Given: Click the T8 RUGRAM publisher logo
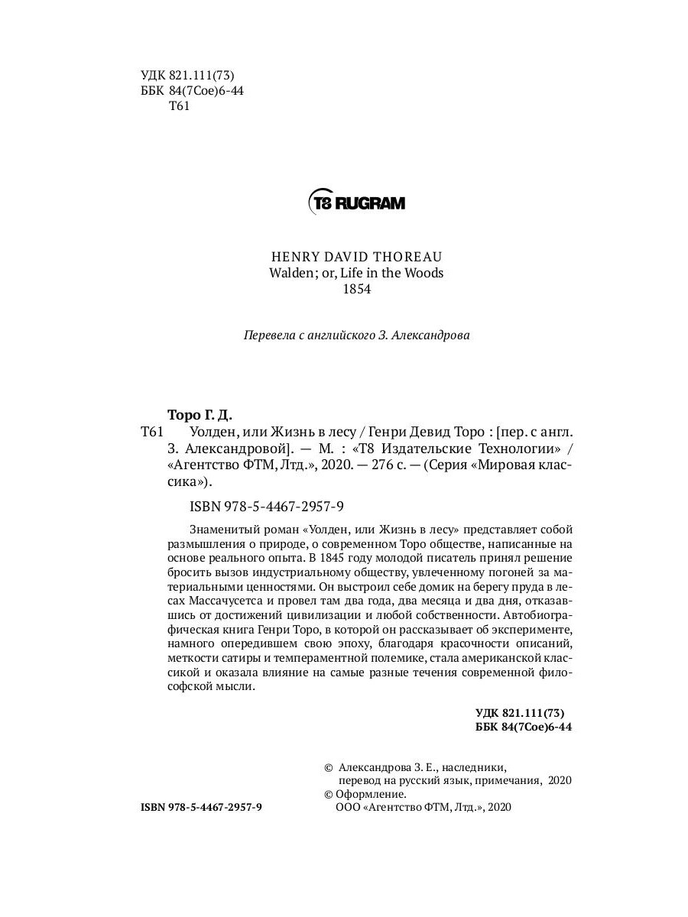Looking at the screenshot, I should (x=356, y=203).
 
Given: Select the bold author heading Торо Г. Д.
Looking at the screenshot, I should (x=198, y=414).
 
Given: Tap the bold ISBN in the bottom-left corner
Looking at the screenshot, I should (x=202, y=807).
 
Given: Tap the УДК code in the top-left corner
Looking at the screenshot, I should (x=187, y=75).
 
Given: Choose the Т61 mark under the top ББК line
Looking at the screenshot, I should (x=177, y=106).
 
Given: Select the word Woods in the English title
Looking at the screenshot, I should (x=427, y=273).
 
